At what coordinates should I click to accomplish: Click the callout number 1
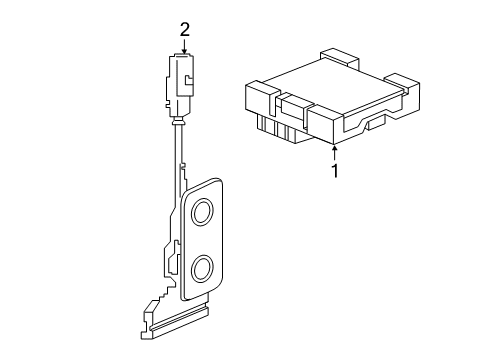click(335, 170)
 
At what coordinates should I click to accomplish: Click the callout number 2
click(185, 30)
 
